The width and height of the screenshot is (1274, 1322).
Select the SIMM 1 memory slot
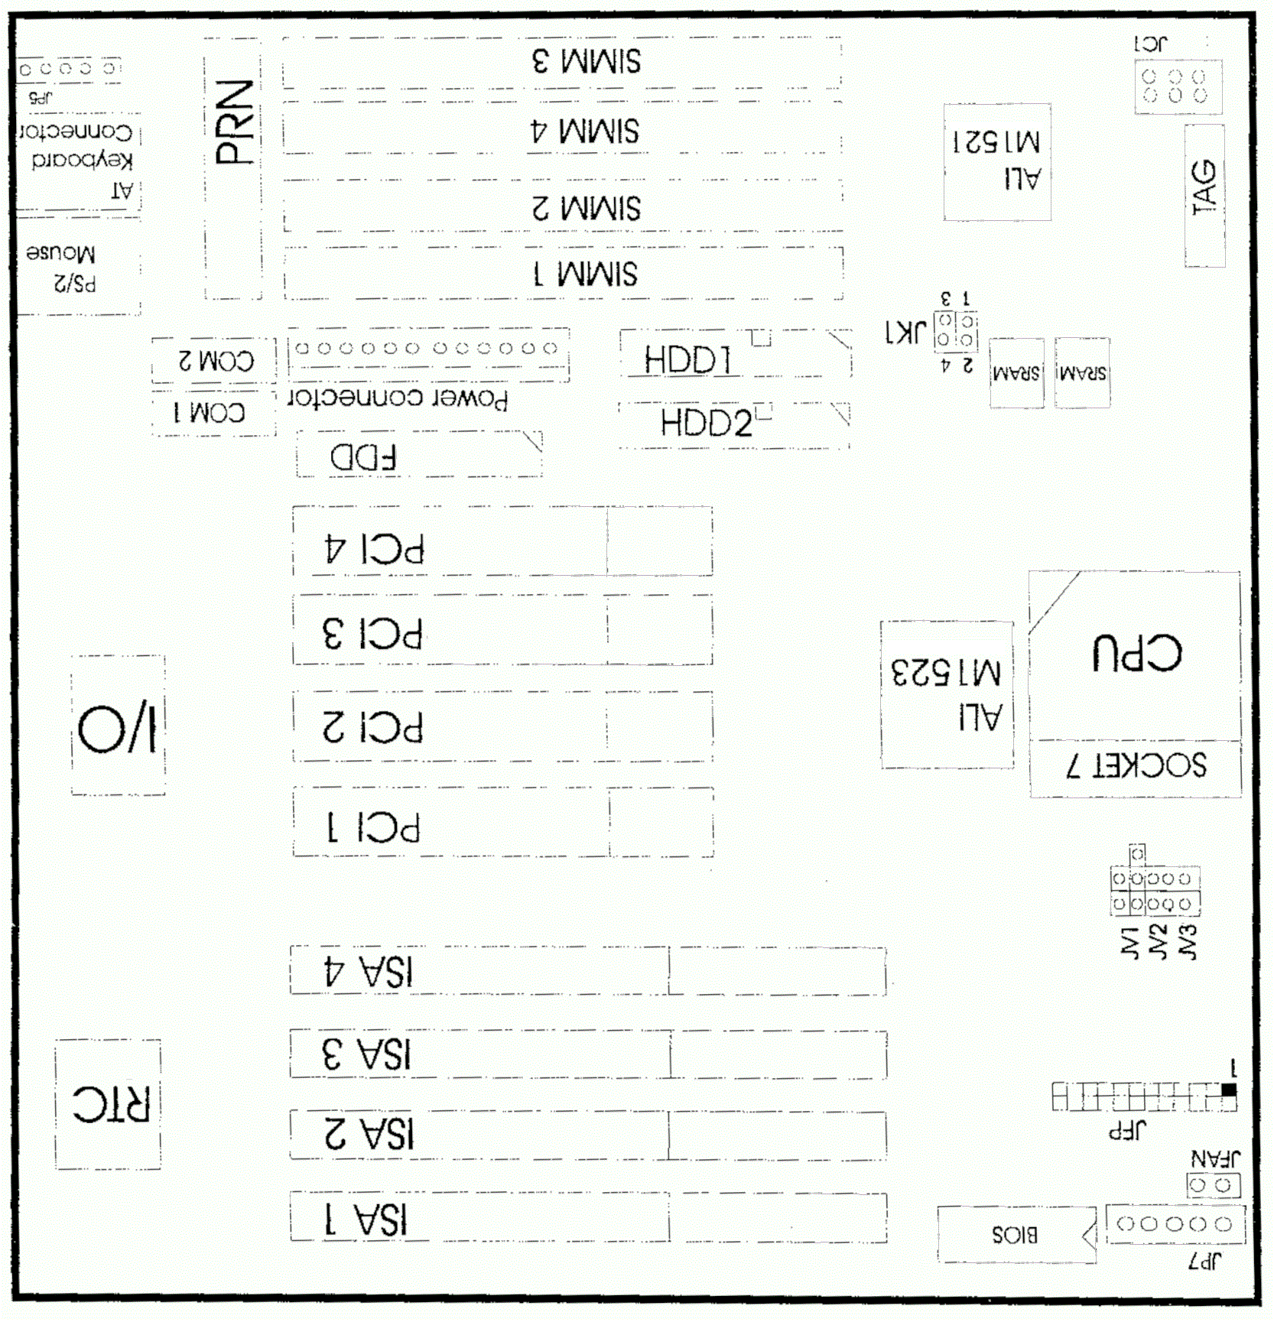(x=564, y=274)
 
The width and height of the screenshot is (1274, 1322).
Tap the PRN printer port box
(x=234, y=168)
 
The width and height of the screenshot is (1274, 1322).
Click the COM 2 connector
(x=215, y=360)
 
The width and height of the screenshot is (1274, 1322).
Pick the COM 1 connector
(x=213, y=413)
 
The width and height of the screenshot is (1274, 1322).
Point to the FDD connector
(x=419, y=456)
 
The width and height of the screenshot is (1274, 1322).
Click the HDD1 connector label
(x=687, y=359)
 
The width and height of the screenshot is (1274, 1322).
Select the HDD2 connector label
(x=706, y=423)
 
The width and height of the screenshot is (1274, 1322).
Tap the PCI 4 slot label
(x=374, y=549)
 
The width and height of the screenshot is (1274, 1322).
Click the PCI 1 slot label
(x=374, y=827)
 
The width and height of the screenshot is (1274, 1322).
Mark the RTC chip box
(x=109, y=1104)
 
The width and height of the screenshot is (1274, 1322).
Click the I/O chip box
(x=118, y=726)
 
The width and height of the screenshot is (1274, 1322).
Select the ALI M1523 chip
(x=947, y=694)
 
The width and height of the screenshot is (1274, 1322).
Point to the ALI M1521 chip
(x=996, y=162)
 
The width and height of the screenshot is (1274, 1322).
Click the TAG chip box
(x=1204, y=196)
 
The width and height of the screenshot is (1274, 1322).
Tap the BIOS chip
(x=1016, y=1234)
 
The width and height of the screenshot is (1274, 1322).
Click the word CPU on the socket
(x=1136, y=654)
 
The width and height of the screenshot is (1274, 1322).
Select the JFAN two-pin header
(x=1212, y=1185)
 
